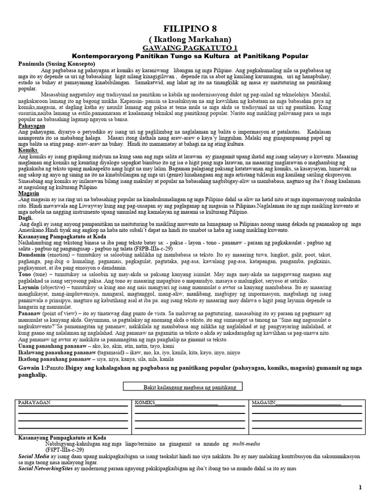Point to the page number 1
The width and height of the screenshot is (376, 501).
tap(360, 487)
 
